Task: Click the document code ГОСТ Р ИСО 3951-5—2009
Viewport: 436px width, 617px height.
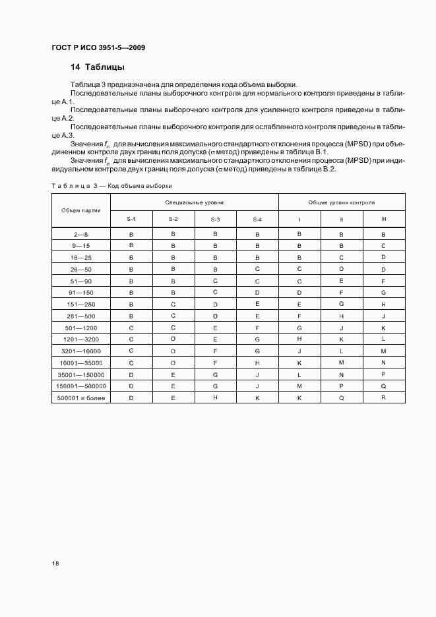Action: pyautogui.click(x=98, y=47)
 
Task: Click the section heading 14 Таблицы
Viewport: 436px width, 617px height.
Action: pyautogui.click(x=98, y=67)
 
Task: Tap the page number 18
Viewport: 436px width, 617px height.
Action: pyautogui.click(x=55, y=564)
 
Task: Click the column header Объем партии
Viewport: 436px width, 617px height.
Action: pyautogui.click(x=81, y=210)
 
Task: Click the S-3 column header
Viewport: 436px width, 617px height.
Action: pyautogui.click(x=215, y=219)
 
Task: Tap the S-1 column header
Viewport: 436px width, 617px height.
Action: pyautogui.click(x=131, y=219)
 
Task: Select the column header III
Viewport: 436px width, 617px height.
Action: pyautogui.click(x=383, y=219)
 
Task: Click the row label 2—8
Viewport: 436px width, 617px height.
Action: pyautogui.click(x=81, y=234)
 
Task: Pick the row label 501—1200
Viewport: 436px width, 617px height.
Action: pyautogui.click(x=81, y=328)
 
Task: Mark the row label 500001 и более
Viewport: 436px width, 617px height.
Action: pyautogui.click(x=81, y=398)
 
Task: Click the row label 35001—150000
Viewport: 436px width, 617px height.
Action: pyautogui.click(x=81, y=374)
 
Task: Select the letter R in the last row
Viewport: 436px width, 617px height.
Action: pyautogui.click(x=383, y=398)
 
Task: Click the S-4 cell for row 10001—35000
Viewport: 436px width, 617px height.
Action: pyautogui.click(x=257, y=363)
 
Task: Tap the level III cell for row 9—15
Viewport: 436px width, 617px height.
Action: pyautogui.click(x=383, y=246)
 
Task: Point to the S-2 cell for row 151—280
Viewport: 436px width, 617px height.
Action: pyautogui.click(x=173, y=305)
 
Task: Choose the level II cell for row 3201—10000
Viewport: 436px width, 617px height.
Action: pyautogui.click(x=341, y=351)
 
